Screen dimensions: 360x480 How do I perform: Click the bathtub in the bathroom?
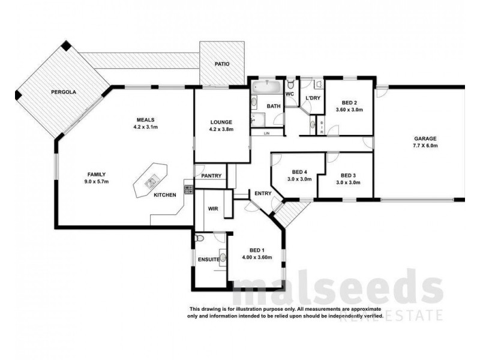pos(266,88)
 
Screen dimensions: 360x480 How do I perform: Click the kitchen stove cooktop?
pos(188,189)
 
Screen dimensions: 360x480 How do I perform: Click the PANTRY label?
pos(212,176)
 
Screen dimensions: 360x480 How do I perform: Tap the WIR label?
pos(213,209)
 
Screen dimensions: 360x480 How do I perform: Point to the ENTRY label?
pos(263,193)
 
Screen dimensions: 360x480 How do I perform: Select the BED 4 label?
pos(299,172)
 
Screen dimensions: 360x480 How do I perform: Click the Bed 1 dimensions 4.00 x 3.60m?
pos(257,257)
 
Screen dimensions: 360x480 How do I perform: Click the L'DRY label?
pos(312,98)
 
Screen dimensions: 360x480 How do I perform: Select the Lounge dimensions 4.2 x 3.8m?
pos(221,129)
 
